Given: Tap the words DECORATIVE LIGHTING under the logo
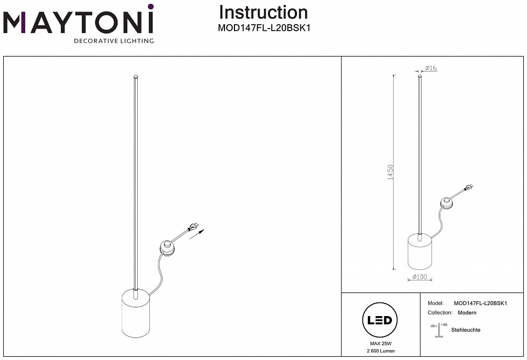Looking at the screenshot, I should (114, 41).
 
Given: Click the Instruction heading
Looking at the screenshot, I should (263, 12).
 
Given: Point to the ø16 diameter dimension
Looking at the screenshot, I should (430, 68).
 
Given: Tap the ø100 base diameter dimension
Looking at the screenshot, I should (419, 278).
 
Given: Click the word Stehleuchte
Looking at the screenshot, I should (466, 330).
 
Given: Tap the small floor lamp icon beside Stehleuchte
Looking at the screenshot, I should (437, 329).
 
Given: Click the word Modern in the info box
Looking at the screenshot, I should (467, 313).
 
